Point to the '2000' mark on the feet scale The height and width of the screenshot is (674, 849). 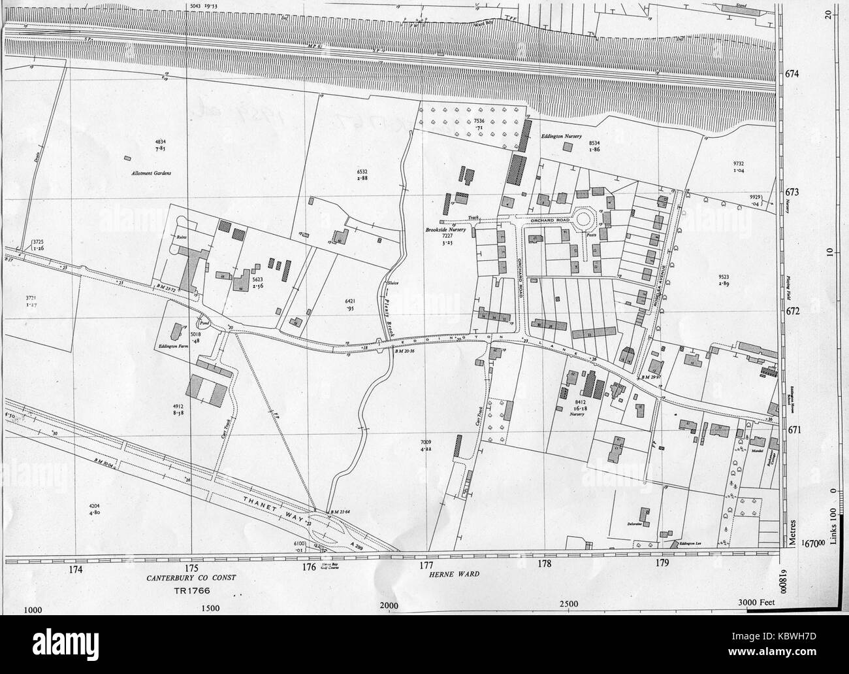tap(389, 607)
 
